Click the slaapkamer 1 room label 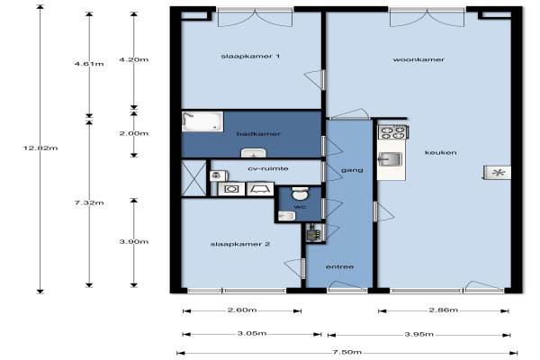[x=250, y=56]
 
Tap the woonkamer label [x=418, y=59]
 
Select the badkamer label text [x=258, y=134]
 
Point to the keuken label [x=441, y=152]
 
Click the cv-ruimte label [x=268, y=168]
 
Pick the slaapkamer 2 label [x=240, y=244]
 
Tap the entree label [x=339, y=267]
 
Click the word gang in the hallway [x=352, y=170]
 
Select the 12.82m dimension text [x=40, y=148]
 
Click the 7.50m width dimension [x=347, y=352]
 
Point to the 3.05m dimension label [x=252, y=334]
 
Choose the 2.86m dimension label [x=444, y=310]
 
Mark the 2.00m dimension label [x=134, y=133]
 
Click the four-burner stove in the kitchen [x=393, y=132]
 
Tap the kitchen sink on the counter [x=391, y=159]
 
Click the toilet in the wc [x=301, y=193]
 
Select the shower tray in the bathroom [x=202, y=121]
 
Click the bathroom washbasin [x=254, y=153]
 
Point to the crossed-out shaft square [x=193, y=178]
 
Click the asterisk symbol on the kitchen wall [x=498, y=173]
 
